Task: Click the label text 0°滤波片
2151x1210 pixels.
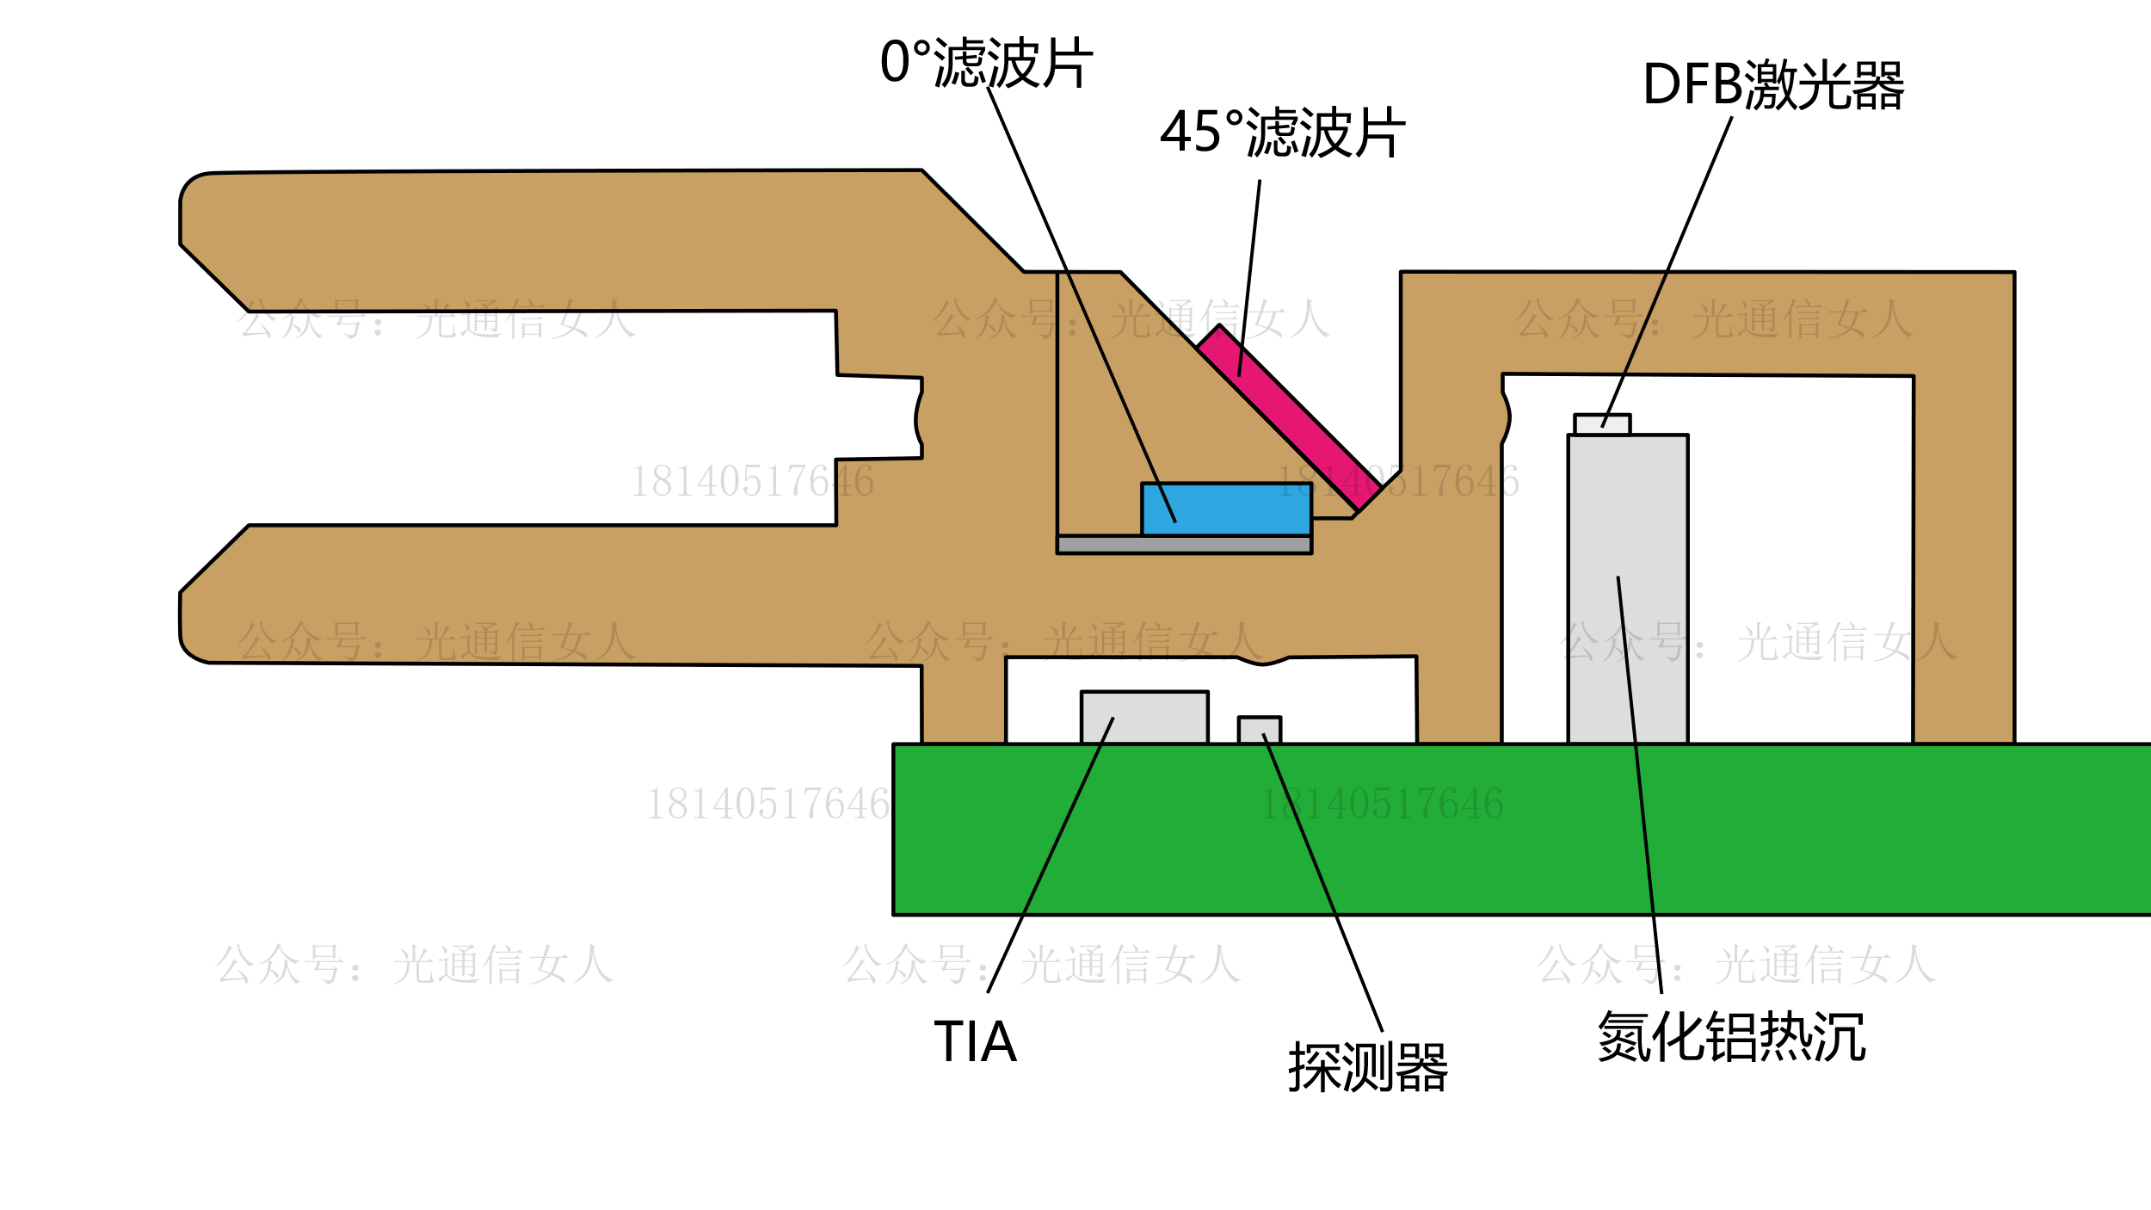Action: click(x=986, y=63)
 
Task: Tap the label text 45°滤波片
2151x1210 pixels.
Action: click(x=1282, y=133)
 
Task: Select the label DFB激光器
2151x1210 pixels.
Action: click(x=1772, y=84)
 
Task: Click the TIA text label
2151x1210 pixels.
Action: click(x=975, y=1041)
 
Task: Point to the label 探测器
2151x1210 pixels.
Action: click(x=1367, y=1068)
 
